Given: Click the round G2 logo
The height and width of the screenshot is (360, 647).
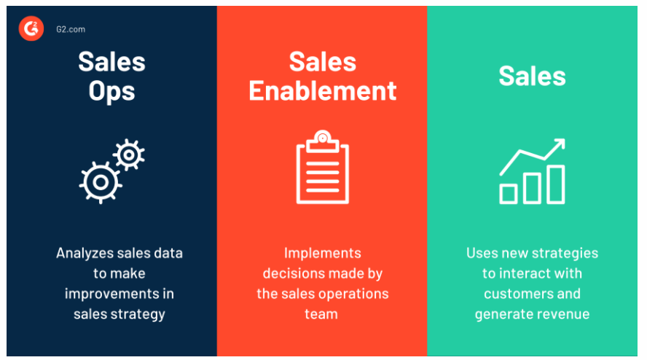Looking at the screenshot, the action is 31,28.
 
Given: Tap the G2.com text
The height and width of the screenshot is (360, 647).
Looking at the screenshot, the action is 71,29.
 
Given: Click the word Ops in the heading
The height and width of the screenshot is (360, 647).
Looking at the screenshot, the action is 111,91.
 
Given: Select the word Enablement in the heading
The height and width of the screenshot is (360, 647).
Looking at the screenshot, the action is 323,91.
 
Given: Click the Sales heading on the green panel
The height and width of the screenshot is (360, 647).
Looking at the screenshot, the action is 533,76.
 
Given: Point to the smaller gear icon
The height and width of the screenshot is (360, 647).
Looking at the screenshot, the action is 129,154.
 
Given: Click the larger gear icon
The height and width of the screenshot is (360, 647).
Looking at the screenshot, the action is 101,182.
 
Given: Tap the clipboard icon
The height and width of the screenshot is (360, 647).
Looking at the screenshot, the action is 323,167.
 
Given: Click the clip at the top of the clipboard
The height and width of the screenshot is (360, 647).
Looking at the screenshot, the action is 323,141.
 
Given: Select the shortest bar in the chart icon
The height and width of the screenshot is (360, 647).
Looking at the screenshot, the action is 509,194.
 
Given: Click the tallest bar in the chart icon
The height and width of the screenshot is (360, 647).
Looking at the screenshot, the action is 556,184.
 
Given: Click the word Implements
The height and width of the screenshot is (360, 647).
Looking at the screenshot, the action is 323,253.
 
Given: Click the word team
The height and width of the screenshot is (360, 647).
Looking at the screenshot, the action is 321,315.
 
